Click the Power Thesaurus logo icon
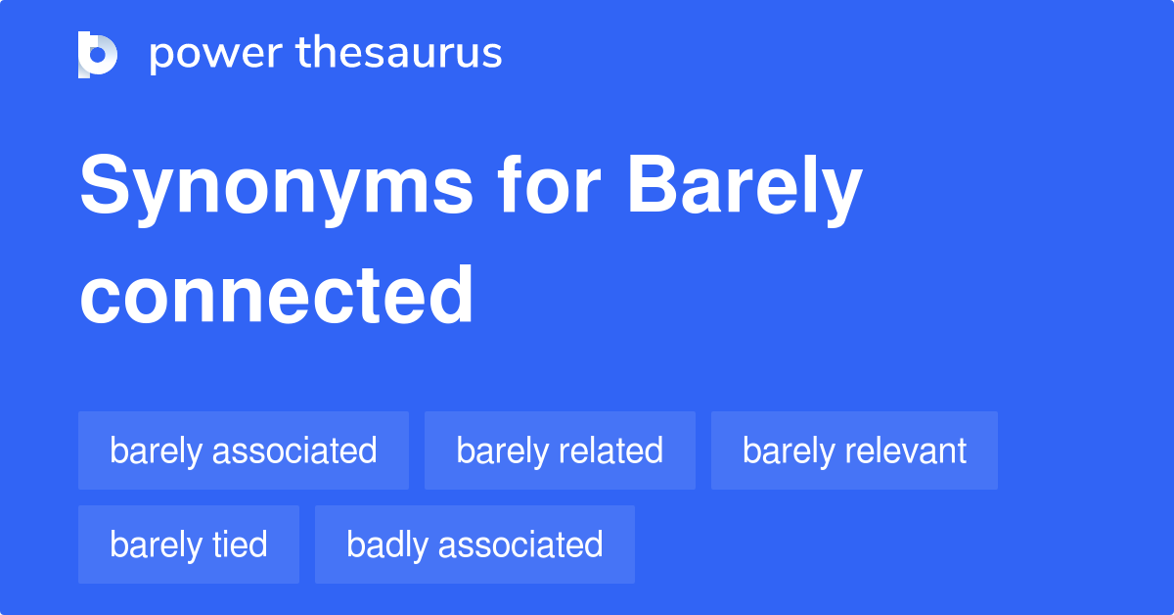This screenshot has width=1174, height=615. point(98,54)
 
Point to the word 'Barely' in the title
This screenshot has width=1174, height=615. point(745,189)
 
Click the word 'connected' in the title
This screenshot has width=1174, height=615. point(277,295)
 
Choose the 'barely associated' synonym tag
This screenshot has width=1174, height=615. point(244,451)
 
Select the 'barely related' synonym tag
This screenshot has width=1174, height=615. point(560,451)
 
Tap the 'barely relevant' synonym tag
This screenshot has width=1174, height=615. point(854,451)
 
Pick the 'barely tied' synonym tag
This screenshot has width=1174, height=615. point(189,544)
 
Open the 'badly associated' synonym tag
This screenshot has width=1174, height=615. point(474,544)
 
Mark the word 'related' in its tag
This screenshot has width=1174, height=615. point(611,451)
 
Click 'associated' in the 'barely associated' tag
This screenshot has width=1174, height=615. point(294,451)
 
